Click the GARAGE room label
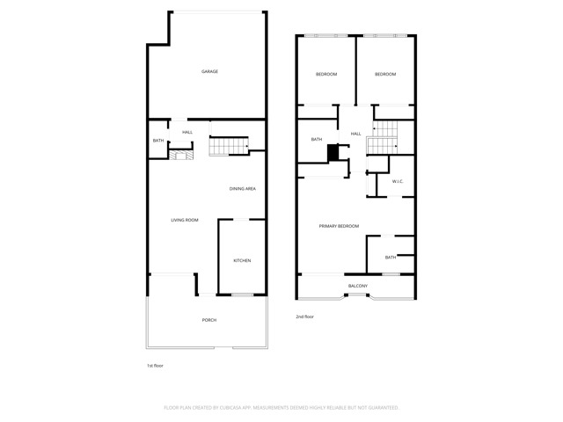click(x=209, y=71)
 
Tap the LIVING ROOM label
click(x=185, y=220)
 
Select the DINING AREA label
click(x=243, y=189)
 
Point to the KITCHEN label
click(x=242, y=260)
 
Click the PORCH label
click(x=209, y=320)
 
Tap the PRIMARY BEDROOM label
click(x=339, y=227)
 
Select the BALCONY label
click(x=358, y=286)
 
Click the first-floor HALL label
click(x=187, y=132)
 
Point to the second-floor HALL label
click(x=356, y=134)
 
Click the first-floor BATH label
click(x=158, y=141)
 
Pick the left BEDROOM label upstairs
click(x=326, y=74)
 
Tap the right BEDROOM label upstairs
click(x=385, y=74)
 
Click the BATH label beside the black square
click(x=317, y=139)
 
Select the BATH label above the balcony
click(x=390, y=257)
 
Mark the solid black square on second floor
click(x=333, y=153)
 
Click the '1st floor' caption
click(x=155, y=365)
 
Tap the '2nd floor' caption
click(x=304, y=316)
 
